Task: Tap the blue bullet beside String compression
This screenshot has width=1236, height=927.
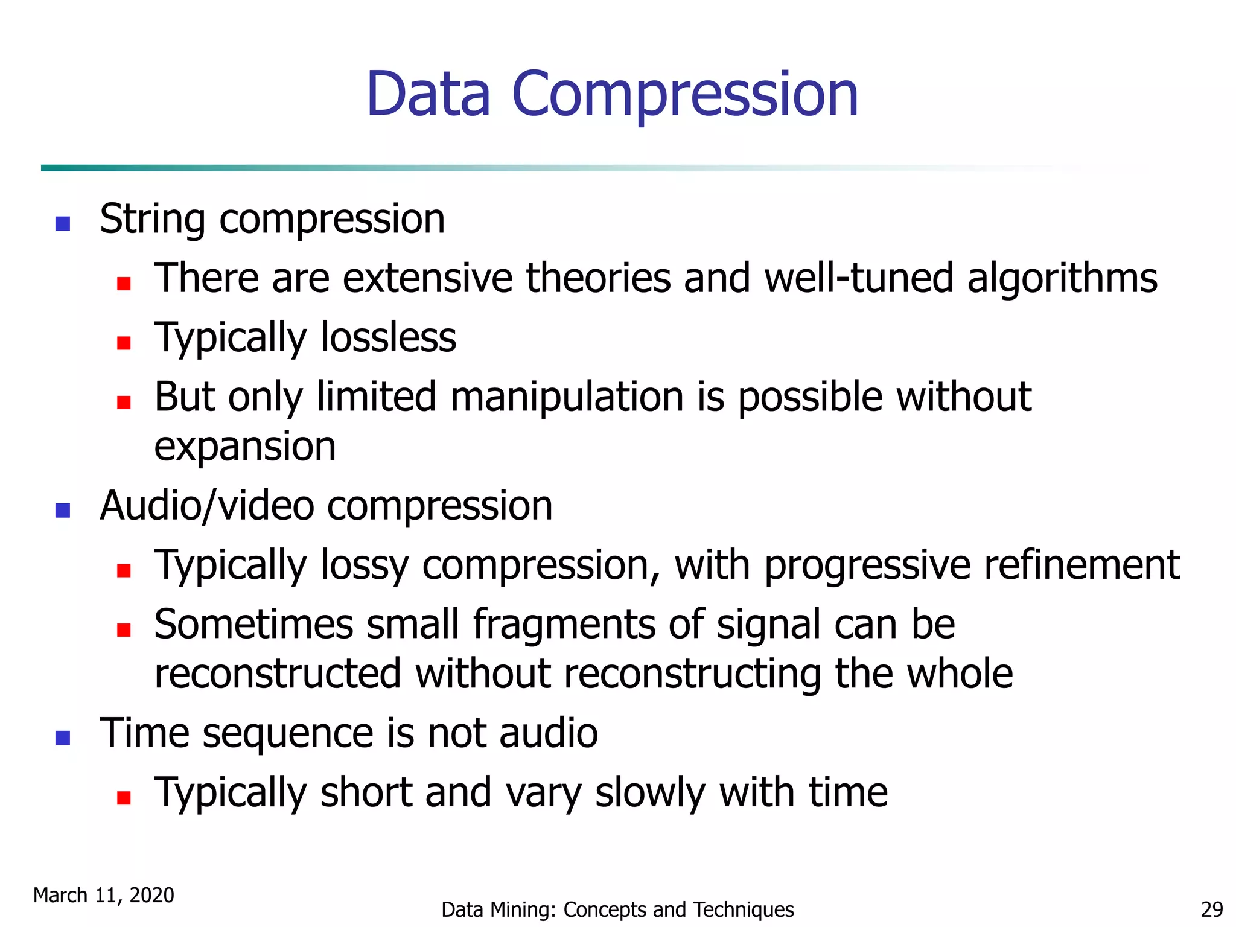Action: click(63, 224)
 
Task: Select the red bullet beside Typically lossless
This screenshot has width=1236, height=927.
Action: click(124, 343)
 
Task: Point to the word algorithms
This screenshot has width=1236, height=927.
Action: click(1062, 279)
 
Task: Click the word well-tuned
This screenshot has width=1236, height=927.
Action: click(859, 279)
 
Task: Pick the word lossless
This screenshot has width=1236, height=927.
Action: click(388, 337)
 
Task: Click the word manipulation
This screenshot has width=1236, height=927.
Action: click(567, 397)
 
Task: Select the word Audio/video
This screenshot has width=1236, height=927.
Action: click(206, 506)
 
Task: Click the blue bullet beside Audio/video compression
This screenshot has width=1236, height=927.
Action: click(63, 511)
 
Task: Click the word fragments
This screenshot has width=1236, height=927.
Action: click(564, 624)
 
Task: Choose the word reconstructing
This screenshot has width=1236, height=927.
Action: click(692, 674)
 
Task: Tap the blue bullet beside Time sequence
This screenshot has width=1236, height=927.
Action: click(63, 738)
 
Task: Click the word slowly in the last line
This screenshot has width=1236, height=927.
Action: click(650, 792)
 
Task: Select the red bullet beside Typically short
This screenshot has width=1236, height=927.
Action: click(124, 798)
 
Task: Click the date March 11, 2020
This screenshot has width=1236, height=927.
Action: click(104, 895)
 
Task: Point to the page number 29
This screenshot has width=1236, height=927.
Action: click(1212, 909)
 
